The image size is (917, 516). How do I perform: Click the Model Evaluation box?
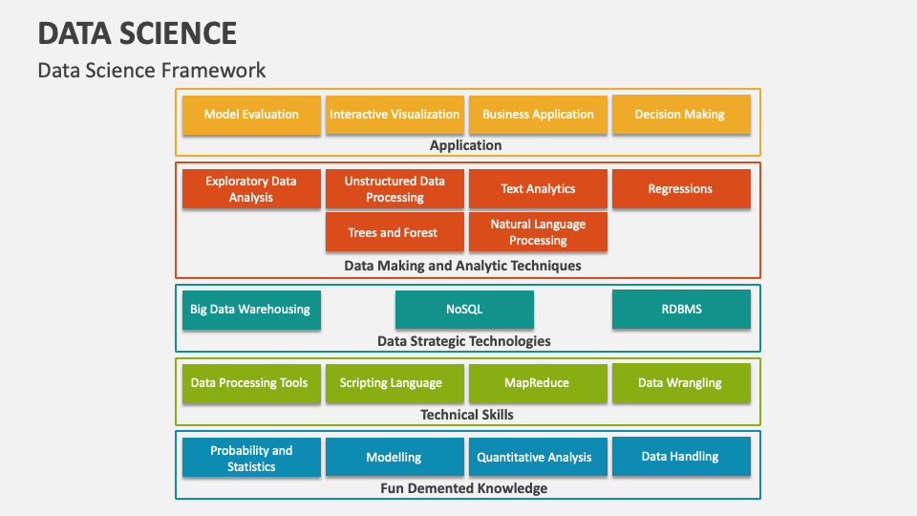click(251, 115)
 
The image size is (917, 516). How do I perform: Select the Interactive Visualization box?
click(395, 115)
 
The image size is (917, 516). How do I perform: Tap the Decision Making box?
click(680, 115)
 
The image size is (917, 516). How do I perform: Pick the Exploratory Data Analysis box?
click(251, 189)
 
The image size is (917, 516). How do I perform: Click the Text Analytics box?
click(538, 189)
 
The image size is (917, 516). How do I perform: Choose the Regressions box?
click(680, 189)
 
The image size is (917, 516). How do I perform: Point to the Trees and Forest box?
click(395, 232)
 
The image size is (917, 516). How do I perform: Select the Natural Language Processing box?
click(538, 232)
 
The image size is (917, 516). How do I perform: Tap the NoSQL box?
click(464, 310)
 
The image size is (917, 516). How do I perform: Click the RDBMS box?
click(680, 310)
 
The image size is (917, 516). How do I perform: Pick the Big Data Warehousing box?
click(251, 310)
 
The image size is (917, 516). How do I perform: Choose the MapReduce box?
click(537, 383)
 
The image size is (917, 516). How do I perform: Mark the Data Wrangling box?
click(680, 383)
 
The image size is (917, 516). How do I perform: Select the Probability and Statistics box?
click(251, 459)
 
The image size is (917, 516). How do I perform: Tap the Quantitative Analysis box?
click(535, 458)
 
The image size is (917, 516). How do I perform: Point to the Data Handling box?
click(680, 457)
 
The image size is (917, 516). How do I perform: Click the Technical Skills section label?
click(467, 415)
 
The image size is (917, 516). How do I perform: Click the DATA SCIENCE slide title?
click(138, 33)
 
